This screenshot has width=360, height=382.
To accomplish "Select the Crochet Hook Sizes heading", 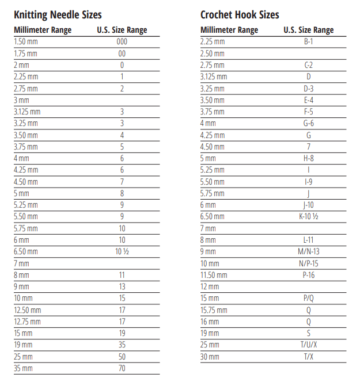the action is coord(240,15).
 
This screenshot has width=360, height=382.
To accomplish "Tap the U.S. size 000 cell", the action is coord(122,42).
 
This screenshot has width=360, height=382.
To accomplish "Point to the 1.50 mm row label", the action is coord(25,42).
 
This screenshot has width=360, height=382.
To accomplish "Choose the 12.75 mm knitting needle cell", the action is coord(27,322).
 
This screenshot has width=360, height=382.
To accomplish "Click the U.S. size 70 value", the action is coord(122,368).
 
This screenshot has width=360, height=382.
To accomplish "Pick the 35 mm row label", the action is coord(23,368).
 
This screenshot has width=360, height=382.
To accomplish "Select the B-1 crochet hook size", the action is coord(308,42).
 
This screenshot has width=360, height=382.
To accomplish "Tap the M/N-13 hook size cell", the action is coord(308,251).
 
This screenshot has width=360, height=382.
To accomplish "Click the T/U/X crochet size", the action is coord(308,345).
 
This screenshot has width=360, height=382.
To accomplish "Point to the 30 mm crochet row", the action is coord(210,357).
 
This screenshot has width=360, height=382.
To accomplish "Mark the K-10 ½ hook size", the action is coord(308,217).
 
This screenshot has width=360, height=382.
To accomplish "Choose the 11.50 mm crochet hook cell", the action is coord(214,275).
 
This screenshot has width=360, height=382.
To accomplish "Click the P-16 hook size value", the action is coord(308,275).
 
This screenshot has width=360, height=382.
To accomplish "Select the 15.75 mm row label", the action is coord(213,310).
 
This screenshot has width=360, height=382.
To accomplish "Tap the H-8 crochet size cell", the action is coord(308,158).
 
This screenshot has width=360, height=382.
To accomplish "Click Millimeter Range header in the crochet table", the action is coord(229,30).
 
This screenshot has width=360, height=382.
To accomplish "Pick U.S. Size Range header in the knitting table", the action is coord(122,30).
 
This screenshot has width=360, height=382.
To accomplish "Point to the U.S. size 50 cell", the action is coord(122,357).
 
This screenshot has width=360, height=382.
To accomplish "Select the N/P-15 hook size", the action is coord(308,263).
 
